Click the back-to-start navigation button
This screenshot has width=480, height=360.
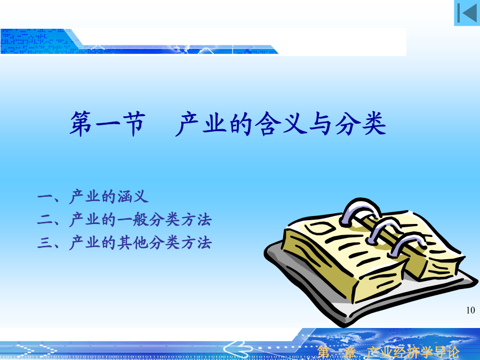467,13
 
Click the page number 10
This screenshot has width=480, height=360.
470,310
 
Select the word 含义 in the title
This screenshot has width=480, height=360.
281,124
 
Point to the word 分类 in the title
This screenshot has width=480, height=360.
361,124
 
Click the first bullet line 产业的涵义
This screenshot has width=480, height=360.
109,196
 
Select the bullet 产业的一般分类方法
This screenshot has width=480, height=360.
140,220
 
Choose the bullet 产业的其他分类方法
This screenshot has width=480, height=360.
140,243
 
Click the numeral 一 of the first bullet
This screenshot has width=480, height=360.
45,196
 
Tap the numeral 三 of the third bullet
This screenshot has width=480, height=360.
45,243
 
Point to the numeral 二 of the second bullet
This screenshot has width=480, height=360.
45,220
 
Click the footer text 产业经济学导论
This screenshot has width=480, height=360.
413,353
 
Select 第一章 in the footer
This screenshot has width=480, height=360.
336,353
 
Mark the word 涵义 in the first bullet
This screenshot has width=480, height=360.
133,196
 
